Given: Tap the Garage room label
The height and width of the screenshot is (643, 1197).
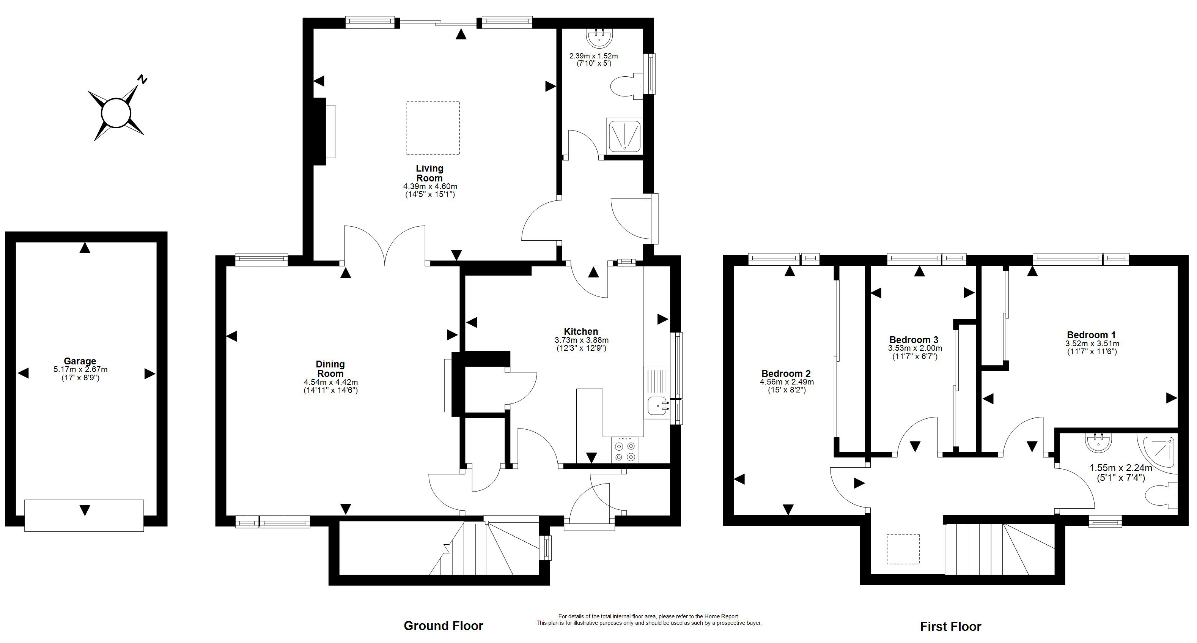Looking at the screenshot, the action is click(80, 361).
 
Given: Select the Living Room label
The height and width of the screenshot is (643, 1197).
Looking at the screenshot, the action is click(430, 173).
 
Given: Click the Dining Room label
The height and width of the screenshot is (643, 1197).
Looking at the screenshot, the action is click(330, 369).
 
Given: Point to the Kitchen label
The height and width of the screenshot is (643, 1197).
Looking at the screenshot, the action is click(581, 331).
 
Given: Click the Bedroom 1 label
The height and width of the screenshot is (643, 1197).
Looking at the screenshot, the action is click(1091, 335).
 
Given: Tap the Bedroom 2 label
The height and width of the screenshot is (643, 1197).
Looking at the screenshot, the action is click(786, 374).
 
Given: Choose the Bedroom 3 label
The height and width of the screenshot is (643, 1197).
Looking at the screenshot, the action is click(914, 340).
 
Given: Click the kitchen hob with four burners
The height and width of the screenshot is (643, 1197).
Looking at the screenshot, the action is click(625, 450).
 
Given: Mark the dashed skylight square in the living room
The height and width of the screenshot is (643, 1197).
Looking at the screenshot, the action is click(433, 128).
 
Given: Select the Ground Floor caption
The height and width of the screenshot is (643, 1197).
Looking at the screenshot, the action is click(443, 626).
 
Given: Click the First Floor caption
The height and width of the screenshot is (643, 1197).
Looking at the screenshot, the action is click(951, 627).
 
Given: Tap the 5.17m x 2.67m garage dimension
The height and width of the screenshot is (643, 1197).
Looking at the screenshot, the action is click(80, 370).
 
